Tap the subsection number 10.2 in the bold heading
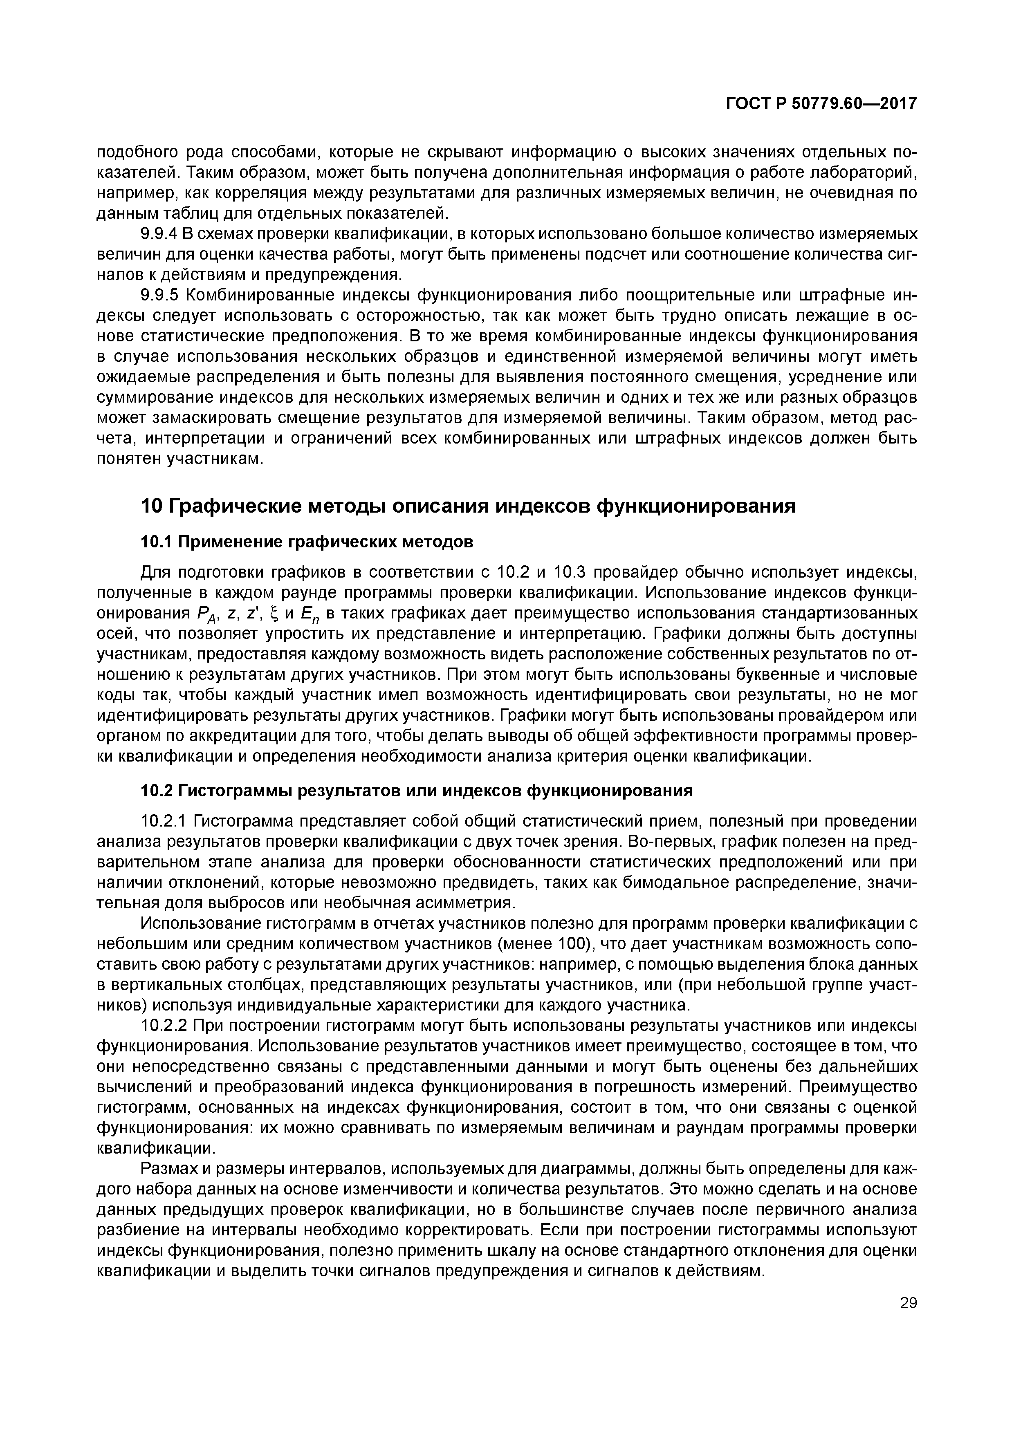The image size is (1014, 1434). pyautogui.click(x=156, y=791)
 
